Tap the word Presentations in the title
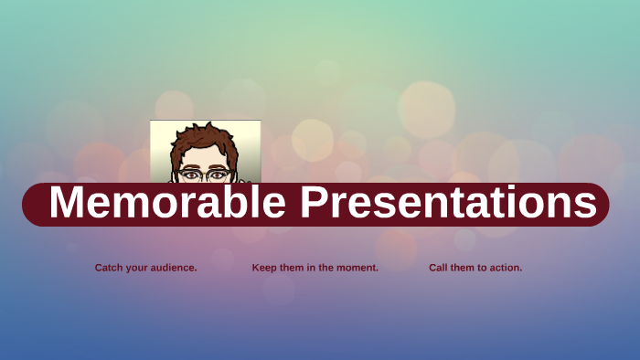coord(449,204)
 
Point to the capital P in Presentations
coord(315,204)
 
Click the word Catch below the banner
coord(109,268)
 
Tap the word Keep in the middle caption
coord(264,268)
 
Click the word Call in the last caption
coord(438,268)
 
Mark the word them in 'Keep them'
coord(293,268)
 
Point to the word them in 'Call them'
coord(464,268)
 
